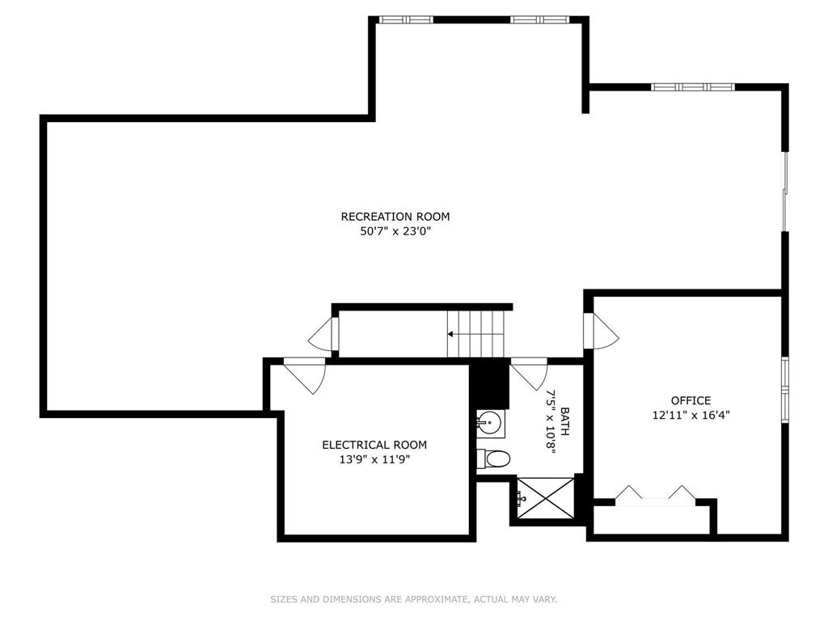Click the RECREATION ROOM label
coord(395,217)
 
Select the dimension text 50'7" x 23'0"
coord(395,231)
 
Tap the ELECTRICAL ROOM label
coord(374,445)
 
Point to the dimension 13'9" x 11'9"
coord(374,459)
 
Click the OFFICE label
coord(691,400)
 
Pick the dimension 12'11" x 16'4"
coord(691,415)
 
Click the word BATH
coord(564,421)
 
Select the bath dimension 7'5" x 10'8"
coord(551,421)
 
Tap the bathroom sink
coord(491,421)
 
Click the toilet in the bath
coord(496,459)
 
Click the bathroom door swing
coord(527,373)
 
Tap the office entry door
coord(602,332)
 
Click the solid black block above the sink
coord(490,386)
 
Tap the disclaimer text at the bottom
coord(413,599)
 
